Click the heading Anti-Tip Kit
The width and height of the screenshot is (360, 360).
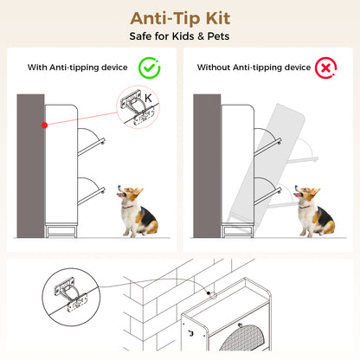tap(180, 19)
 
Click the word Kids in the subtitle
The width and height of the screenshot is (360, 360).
tap(183, 36)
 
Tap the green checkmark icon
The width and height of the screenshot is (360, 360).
tap(150, 67)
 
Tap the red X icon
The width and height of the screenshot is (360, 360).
tap(325, 67)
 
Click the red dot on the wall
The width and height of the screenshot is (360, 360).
tap(44, 125)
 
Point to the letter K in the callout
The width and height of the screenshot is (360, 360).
tap(148, 98)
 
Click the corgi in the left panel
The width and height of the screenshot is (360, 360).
tap(138, 211)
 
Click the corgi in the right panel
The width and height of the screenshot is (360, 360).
tap(314, 211)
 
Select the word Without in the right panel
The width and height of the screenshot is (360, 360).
tap(214, 67)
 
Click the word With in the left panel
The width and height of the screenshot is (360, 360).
tap(37, 67)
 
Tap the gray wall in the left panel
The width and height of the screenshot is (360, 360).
tap(30, 166)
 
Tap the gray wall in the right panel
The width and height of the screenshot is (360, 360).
tap(207, 166)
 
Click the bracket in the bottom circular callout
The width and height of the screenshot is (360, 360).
tap(71, 295)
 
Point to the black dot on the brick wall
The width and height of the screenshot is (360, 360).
tap(209, 293)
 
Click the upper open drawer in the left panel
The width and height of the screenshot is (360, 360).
tap(91, 142)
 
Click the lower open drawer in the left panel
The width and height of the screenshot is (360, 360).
tap(91, 191)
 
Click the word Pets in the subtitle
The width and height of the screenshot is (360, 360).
tap(218, 36)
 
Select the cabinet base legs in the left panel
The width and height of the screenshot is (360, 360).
tap(61, 230)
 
